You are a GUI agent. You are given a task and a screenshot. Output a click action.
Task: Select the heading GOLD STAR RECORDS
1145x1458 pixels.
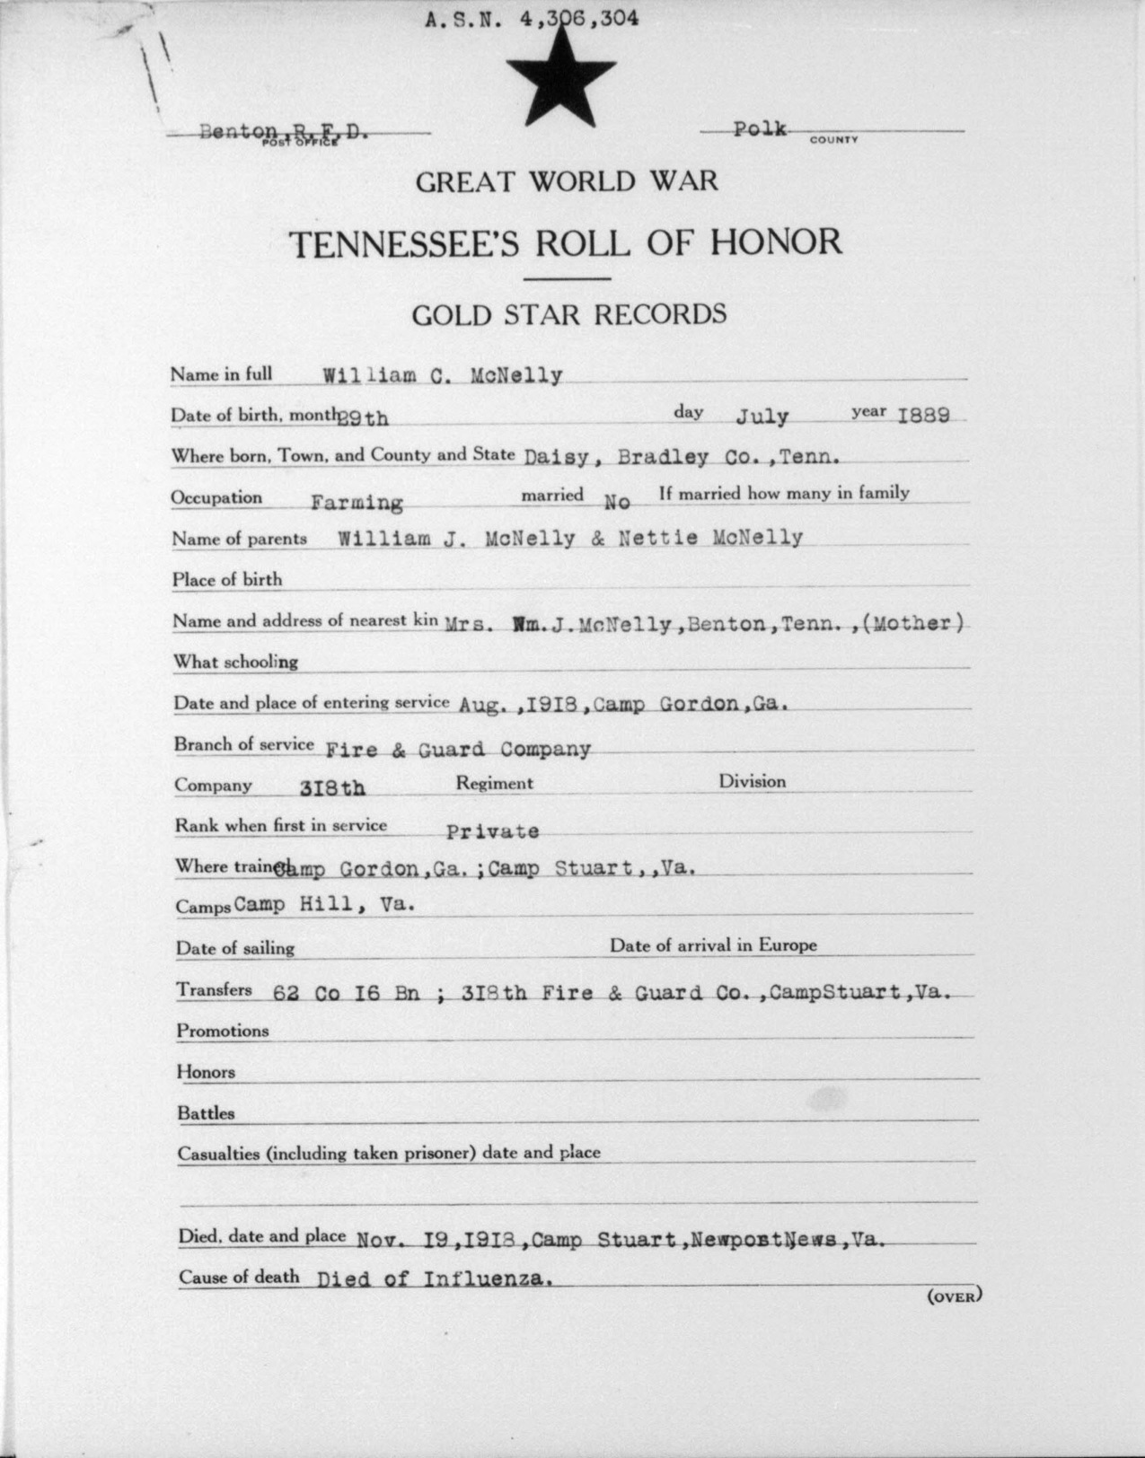click(568, 314)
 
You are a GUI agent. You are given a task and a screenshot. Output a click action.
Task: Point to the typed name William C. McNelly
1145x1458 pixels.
click(443, 376)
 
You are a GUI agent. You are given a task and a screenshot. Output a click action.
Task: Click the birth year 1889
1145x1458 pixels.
click(925, 414)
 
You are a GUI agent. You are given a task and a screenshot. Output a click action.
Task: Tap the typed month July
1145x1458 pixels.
click(762, 416)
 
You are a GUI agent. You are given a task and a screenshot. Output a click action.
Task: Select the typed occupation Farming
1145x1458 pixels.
click(357, 503)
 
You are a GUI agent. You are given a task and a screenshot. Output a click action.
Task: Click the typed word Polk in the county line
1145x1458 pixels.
click(760, 128)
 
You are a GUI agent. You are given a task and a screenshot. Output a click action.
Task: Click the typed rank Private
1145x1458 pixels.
click(492, 831)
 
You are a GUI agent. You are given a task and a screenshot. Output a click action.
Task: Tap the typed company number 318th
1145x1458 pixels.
click(331, 788)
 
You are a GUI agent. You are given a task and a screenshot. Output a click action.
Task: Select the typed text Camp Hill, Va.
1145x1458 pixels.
click(324, 905)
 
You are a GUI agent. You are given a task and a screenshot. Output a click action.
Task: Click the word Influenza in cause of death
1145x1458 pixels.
click(485, 1278)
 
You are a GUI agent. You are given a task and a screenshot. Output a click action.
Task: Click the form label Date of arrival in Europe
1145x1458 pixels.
click(713, 944)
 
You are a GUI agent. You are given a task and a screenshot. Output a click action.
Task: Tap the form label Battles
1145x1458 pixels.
click(206, 1113)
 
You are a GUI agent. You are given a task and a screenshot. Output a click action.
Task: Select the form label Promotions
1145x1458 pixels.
click(222, 1031)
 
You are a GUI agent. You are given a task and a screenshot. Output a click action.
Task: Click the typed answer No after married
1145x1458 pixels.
click(617, 502)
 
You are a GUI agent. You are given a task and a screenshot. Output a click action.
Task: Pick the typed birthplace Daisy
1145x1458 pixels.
click(557, 456)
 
